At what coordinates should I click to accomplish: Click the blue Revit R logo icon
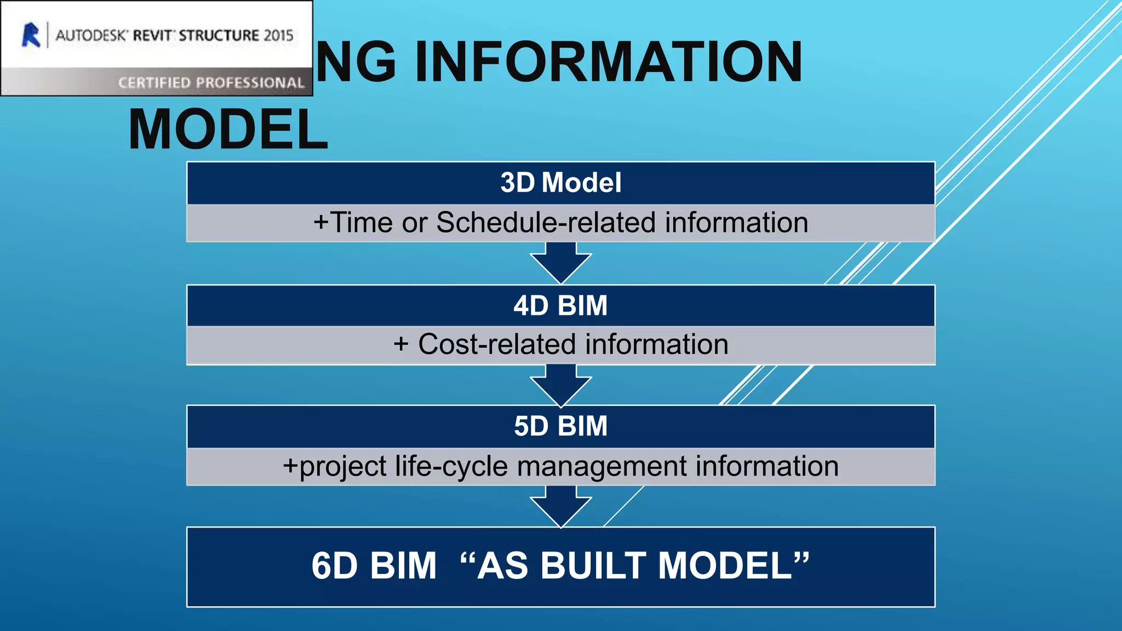click(x=31, y=35)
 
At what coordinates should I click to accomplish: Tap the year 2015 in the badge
click(x=278, y=36)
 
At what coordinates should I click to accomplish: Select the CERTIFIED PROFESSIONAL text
click(x=211, y=83)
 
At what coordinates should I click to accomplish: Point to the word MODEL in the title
click(x=228, y=130)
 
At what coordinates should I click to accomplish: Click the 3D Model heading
click(x=560, y=182)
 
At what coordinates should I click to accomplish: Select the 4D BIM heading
click(x=560, y=305)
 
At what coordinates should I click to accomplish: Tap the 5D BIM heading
click(x=560, y=426)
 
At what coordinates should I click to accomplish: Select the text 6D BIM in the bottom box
click(x=374, y=566)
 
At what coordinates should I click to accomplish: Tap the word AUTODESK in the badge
click(x=91, y=36)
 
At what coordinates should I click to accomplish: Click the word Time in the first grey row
click(x=362, y=223)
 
